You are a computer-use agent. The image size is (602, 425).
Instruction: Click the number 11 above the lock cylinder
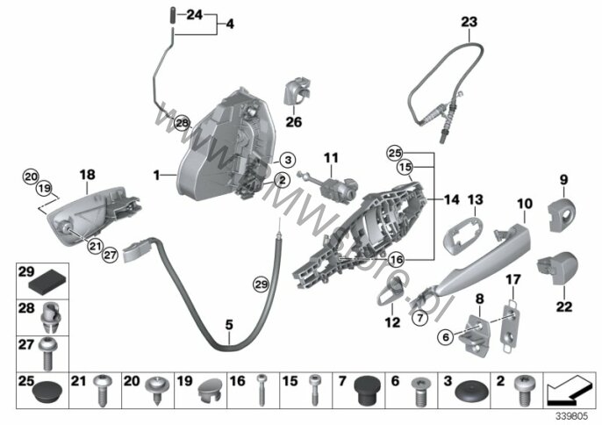pyautogui.click(x=330, y=158)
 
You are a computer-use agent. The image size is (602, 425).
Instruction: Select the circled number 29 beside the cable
pyautogui.click(x=260, y=283)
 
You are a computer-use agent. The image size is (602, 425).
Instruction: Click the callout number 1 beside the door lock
pyautogui.click(x=155, y=176)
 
